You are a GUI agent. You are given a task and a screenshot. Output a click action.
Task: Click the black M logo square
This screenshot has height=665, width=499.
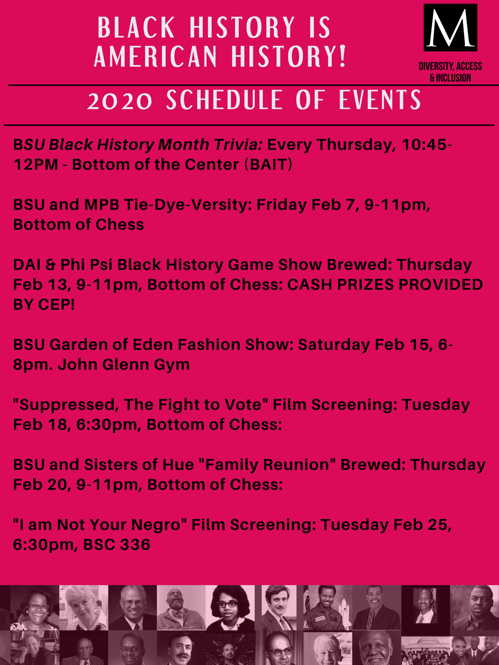[x=450, y=27]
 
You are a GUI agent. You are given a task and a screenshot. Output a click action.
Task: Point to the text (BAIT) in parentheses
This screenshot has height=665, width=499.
[x=268, y=165]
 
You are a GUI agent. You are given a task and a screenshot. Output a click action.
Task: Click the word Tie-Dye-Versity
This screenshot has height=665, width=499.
[x=188, y=205]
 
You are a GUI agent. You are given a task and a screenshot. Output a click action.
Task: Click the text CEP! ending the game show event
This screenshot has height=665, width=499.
[x=56, y=305]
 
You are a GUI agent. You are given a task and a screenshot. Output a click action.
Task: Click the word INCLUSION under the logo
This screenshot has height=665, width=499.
[x=453, y=78]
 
